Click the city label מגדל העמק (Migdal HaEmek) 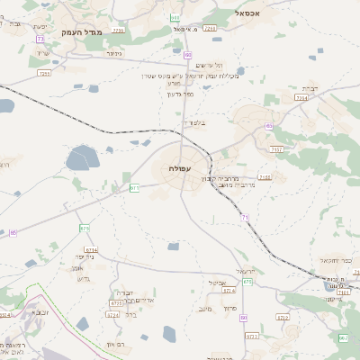tap(83, 32)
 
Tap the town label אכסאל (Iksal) tap(249, 13)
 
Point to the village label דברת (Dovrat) tap(309, 88)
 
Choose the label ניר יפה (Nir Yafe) tap(98, 256)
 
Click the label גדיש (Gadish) tap(84, 278)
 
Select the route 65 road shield tap(268, 126)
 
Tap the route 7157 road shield tap(276, 148)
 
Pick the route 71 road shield tap(244, 218)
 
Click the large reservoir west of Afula tap(81, 158)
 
